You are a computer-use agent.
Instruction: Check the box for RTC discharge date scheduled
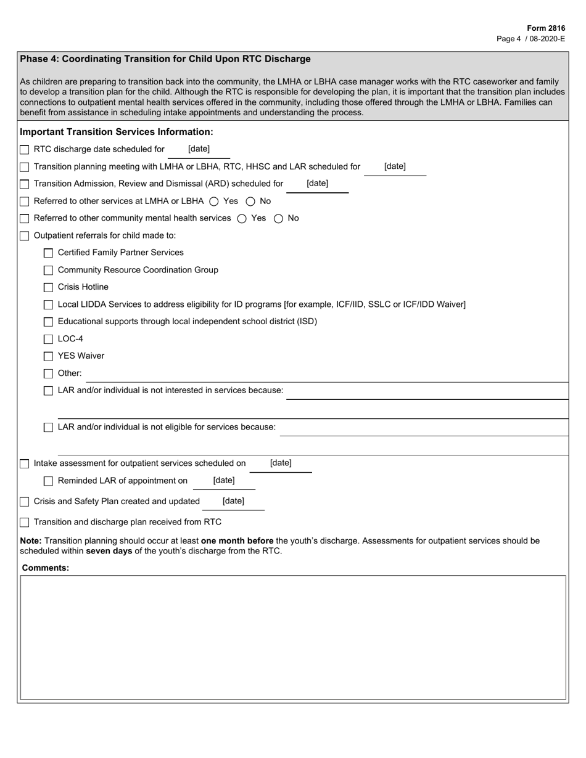25,150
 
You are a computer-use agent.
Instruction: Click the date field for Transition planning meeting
395,167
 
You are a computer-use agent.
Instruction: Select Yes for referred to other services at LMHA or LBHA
214,201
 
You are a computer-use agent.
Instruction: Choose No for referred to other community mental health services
278,218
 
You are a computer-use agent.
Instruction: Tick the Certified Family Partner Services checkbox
48,253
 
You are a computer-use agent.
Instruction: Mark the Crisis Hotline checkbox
48,287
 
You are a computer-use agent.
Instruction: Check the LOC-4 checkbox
48,339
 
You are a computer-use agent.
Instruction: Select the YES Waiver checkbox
48,356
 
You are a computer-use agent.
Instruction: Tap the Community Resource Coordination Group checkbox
48,270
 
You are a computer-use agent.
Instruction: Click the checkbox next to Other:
48,373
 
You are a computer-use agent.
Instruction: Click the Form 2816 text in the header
545,28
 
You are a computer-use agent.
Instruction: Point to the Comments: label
46,568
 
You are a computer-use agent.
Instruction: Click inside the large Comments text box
293,637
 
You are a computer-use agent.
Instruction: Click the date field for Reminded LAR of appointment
224,481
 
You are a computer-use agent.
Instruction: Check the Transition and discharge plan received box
25,523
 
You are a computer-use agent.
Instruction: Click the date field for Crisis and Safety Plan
233,501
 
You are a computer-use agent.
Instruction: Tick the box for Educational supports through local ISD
48,322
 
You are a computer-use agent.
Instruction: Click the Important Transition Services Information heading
117,132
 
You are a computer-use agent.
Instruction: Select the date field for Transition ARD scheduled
317,184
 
